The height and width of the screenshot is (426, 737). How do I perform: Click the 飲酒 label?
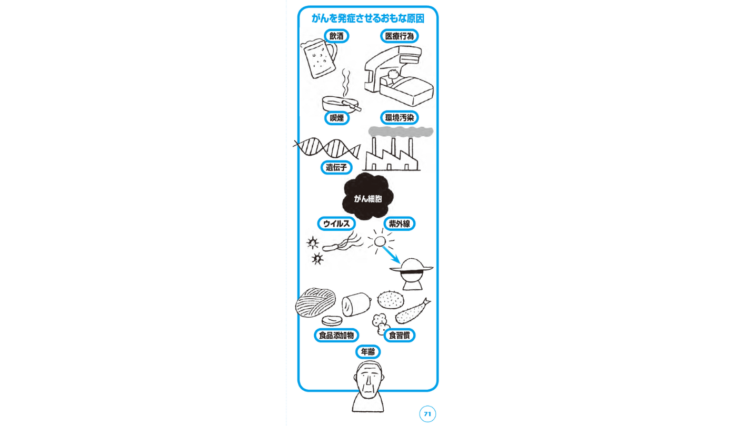336,36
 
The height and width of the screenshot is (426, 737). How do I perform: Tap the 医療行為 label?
399,36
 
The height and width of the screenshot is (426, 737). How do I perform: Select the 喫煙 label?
336,118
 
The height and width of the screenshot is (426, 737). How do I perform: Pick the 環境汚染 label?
399,118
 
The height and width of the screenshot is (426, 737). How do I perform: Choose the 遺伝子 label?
336,168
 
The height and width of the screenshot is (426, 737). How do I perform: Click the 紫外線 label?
399,224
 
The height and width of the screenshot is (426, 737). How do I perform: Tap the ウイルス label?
336,224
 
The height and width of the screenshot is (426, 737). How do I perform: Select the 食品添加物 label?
336,335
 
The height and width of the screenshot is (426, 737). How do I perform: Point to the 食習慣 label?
399,335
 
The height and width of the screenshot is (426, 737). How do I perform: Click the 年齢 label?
367,352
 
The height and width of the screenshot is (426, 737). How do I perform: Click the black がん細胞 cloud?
367,198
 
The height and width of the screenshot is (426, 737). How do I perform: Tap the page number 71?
427,414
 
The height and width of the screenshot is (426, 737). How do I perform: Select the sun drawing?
380,242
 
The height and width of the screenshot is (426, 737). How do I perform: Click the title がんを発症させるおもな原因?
367,18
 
